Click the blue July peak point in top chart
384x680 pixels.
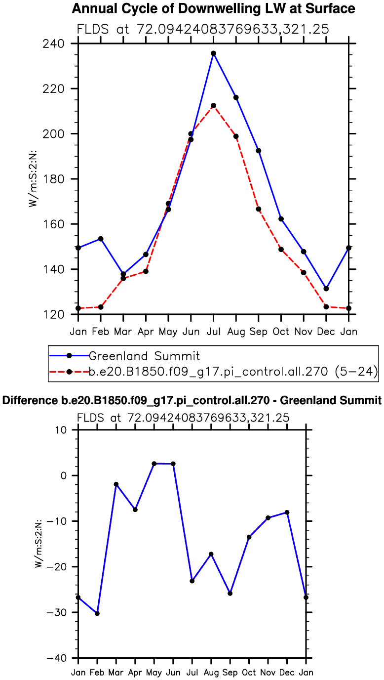pyautogui.click(x=213, y=53)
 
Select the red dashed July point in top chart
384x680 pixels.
pyautogui.click(x=213, y=106)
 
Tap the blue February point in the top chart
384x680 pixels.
pyautogui.click(x=101, y=239)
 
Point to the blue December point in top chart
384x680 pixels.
pyautogui.click(x=326, y=289)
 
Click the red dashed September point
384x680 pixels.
pyautogui.click(x=258, y=209)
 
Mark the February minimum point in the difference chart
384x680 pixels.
pyautogui.click(x=97, y=613)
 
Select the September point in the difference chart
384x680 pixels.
pyautogui.click(x=230, y=593)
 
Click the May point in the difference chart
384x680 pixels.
pyautogui.click(x=154, y=464)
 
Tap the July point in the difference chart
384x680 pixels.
pyautogui.click(x=192, y=581)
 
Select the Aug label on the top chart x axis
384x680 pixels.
pyautogui.click(x=236, y=331)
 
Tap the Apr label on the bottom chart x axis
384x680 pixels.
pyautogui.click(x=135, y=672)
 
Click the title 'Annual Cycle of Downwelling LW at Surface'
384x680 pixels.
pyautogui.click(x=213, y=8)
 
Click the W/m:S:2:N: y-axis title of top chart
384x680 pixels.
pyautogui.click(x=33, y=179)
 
